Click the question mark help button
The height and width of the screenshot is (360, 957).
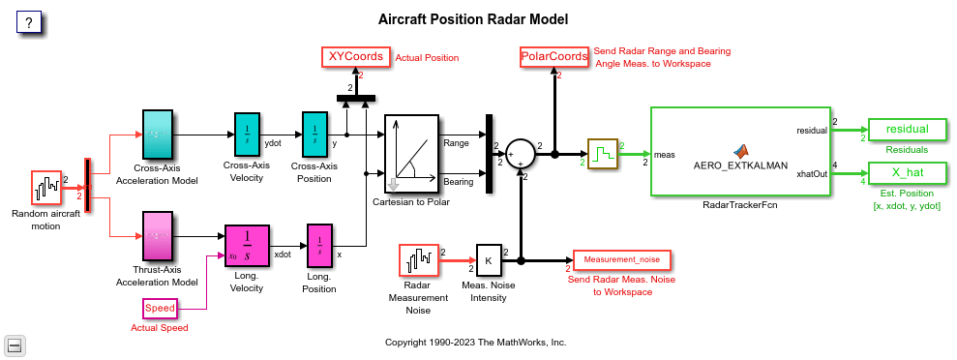point(29,23)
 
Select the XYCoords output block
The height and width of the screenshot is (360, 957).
point(356,57)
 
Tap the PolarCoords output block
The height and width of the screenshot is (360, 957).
point(554,57)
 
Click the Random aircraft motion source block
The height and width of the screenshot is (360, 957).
point(46,188)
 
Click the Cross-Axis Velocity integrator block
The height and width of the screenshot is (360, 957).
point(247,135)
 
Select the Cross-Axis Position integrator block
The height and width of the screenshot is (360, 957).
point(314,135)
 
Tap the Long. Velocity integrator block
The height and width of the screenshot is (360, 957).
point(247,247)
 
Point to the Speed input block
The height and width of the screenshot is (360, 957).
point(160,308)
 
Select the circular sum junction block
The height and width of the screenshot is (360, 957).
point(521,154)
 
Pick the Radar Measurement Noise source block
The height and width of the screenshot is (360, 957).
point(418,260)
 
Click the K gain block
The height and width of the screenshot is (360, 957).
point(489,260)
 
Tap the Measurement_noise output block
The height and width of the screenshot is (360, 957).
point(622,260)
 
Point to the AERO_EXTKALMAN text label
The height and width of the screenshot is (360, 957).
point(739,165)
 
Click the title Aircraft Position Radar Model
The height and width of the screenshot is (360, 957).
point(473,19)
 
